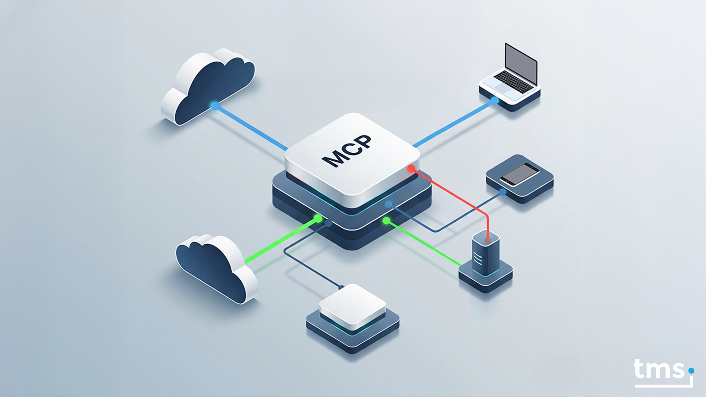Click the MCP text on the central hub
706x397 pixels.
pyautogui.click(x=347, y=151)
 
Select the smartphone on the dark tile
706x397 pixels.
pyautogui.click(x=519, y=175)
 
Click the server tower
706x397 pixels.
pyautogui.click(x=485, y=255)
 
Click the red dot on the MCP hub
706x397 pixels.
pyautogui.click(x=411, y=169)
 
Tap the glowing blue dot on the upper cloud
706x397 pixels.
pyautogui.click(x=215, y=106)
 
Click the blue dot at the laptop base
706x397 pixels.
pyautogui.click(x=495, y=100)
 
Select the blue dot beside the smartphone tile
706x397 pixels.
pyautogui.click(x=503, y=192)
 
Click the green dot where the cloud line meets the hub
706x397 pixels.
pyautogui.click(x=318, y=218)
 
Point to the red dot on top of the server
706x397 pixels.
pyautogui.click(x=488, y=240)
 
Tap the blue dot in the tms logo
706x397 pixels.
pyautogui.click(x=691, y=371)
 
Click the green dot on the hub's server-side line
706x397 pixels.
pyautogui.click(x=386, y=221)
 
